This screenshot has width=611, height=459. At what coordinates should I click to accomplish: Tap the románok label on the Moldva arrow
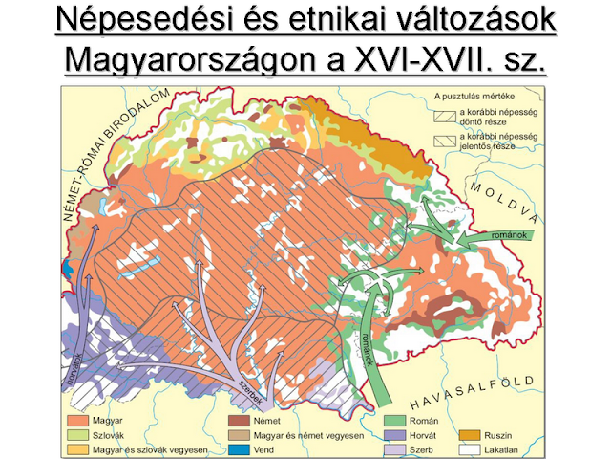click(504, 235)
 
